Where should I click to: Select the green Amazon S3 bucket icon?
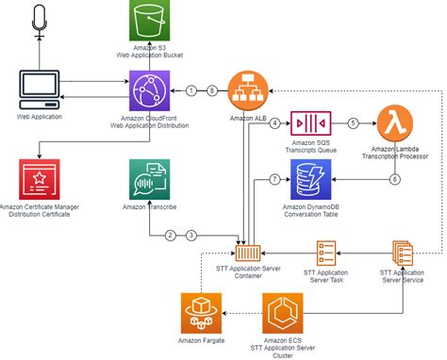pyautogui.click(x=150, y=23)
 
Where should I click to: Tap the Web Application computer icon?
pyautogui.click(x=40, y=90)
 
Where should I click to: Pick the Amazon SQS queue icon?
pyautogui.click(x=310, y=123)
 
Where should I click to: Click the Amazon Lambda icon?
pyautogui.click(x=397, y=123)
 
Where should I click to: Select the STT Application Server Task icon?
pyautogui.click(x=325, y=252)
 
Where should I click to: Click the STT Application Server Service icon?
pyautogui.click(x=400, y=252)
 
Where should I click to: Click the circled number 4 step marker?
pyautogui.click(x=274, y=123)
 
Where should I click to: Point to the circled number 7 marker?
pyautogui.click(x=274, y=178)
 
